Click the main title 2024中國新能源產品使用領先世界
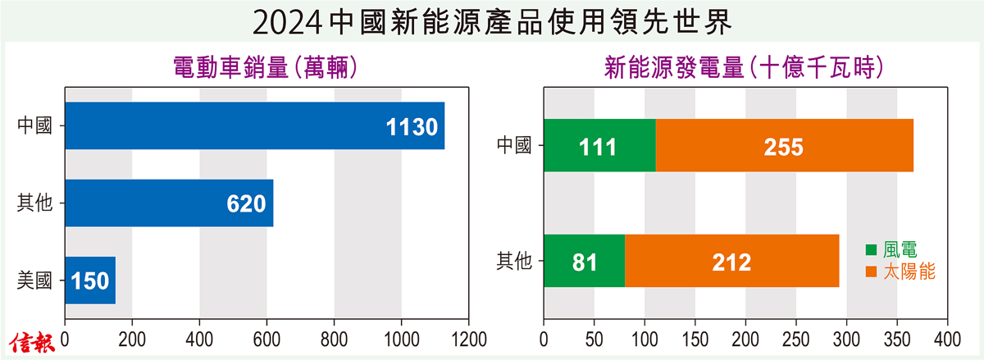(x=491, y=22)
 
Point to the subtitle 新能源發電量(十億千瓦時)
(x=743, y=66)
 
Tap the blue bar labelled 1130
(x=254, y=126)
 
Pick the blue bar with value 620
(x=168, y=203)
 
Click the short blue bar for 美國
(x=90, y=280)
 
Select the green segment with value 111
(x=599, y=146)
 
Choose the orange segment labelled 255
(x=784, y=146)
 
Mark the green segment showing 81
(x=584, y=262)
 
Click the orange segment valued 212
(x=731, y=262)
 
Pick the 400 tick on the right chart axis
(x=948, y=339)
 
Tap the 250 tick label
(x=796, y=339)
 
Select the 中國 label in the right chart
(x=514, y=146)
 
